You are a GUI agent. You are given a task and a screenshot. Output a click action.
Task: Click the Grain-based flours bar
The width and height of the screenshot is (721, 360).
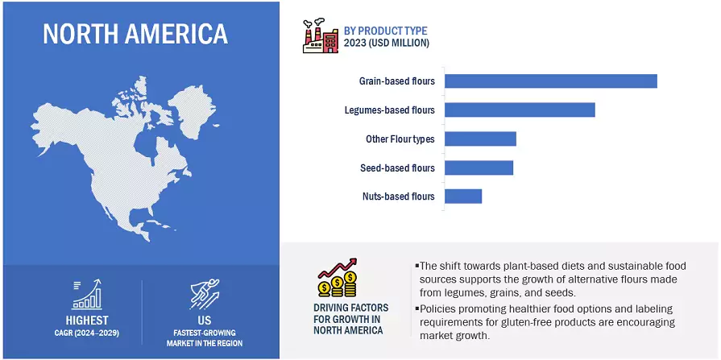point(550,81)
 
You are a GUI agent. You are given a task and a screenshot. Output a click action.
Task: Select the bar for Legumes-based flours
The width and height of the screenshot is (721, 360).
point(520,110)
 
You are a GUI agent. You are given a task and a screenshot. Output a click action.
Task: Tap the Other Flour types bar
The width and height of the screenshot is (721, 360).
point(480,139)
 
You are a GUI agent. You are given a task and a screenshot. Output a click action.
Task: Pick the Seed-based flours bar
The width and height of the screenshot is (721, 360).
point(479,168)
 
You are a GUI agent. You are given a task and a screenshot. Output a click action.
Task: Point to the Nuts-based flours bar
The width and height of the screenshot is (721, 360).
point(463,197)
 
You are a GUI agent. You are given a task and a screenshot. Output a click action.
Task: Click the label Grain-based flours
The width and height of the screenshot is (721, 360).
point(397,81)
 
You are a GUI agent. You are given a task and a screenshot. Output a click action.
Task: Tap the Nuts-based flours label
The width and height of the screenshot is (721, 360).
point(400,197)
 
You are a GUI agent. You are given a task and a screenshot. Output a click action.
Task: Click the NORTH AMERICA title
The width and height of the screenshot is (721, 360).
point(135,34)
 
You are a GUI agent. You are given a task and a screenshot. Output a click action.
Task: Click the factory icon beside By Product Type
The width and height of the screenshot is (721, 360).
point(321,36)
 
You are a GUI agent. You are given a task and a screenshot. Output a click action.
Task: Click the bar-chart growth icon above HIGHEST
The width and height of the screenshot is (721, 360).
point(87,294)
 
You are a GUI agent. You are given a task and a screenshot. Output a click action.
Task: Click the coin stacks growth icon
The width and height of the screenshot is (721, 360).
point(338,278)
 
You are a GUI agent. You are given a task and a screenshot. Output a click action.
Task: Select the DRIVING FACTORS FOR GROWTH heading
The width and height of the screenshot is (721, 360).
point(350,319)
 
